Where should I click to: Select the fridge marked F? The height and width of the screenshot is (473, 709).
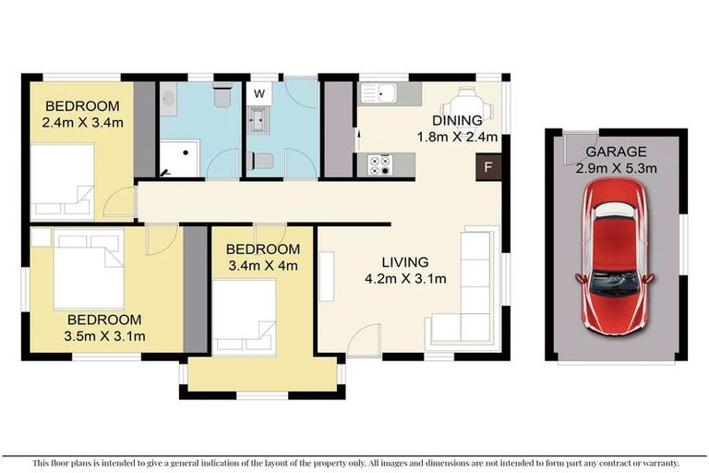click(x=487, y=168)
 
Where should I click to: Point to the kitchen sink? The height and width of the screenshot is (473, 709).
click(x=380, y=92)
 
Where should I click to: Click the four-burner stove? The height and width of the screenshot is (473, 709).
click(x=379, y=164)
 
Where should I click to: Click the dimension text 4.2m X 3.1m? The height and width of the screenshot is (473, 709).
click(x=405, y=277)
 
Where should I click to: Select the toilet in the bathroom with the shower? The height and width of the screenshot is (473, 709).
click(x=222, y=96)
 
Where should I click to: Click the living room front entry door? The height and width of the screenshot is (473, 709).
click(x=365, y=342)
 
